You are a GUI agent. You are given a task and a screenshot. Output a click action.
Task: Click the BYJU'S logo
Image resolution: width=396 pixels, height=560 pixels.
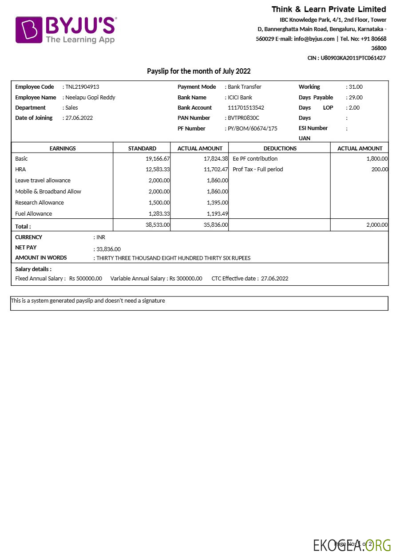(66, 30)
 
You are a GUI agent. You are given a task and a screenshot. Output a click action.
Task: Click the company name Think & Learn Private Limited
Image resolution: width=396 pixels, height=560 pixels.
(329, 9)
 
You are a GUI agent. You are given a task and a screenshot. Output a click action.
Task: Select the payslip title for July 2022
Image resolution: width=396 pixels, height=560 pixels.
(198, 71)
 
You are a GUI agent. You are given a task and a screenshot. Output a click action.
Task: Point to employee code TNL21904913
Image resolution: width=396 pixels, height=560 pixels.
(82, 87)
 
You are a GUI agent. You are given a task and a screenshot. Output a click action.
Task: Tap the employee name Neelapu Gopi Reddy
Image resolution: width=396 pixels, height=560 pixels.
(90, 98)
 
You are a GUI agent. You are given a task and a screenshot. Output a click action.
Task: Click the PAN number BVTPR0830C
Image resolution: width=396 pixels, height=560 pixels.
(243, 118)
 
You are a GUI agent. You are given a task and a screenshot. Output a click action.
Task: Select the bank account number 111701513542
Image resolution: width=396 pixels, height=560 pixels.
(246, 108)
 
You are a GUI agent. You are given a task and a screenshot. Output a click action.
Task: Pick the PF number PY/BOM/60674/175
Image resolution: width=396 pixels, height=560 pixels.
(252, 129)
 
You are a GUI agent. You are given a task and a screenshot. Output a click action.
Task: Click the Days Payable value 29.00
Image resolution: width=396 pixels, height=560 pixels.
(355, 98)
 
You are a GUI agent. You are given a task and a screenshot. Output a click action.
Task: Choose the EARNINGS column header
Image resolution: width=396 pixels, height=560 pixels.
(62, 149)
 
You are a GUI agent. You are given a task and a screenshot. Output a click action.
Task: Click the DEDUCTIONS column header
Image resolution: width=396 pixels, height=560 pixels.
(280, 149)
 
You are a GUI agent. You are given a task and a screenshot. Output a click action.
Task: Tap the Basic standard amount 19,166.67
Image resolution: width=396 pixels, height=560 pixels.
(158, 159)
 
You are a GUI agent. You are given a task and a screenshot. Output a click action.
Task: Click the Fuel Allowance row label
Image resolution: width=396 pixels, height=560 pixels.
(33, 214)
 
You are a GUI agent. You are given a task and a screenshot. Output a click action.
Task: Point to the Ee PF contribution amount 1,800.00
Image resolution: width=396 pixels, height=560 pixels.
(377, 159)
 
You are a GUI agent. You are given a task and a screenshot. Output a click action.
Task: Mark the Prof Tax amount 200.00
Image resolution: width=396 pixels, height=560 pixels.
(380, 170)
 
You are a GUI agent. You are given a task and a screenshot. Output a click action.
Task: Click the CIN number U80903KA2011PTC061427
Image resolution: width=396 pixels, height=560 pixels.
(353, 58)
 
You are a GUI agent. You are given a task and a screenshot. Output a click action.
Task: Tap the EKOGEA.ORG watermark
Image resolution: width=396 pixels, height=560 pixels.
(352, 545)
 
